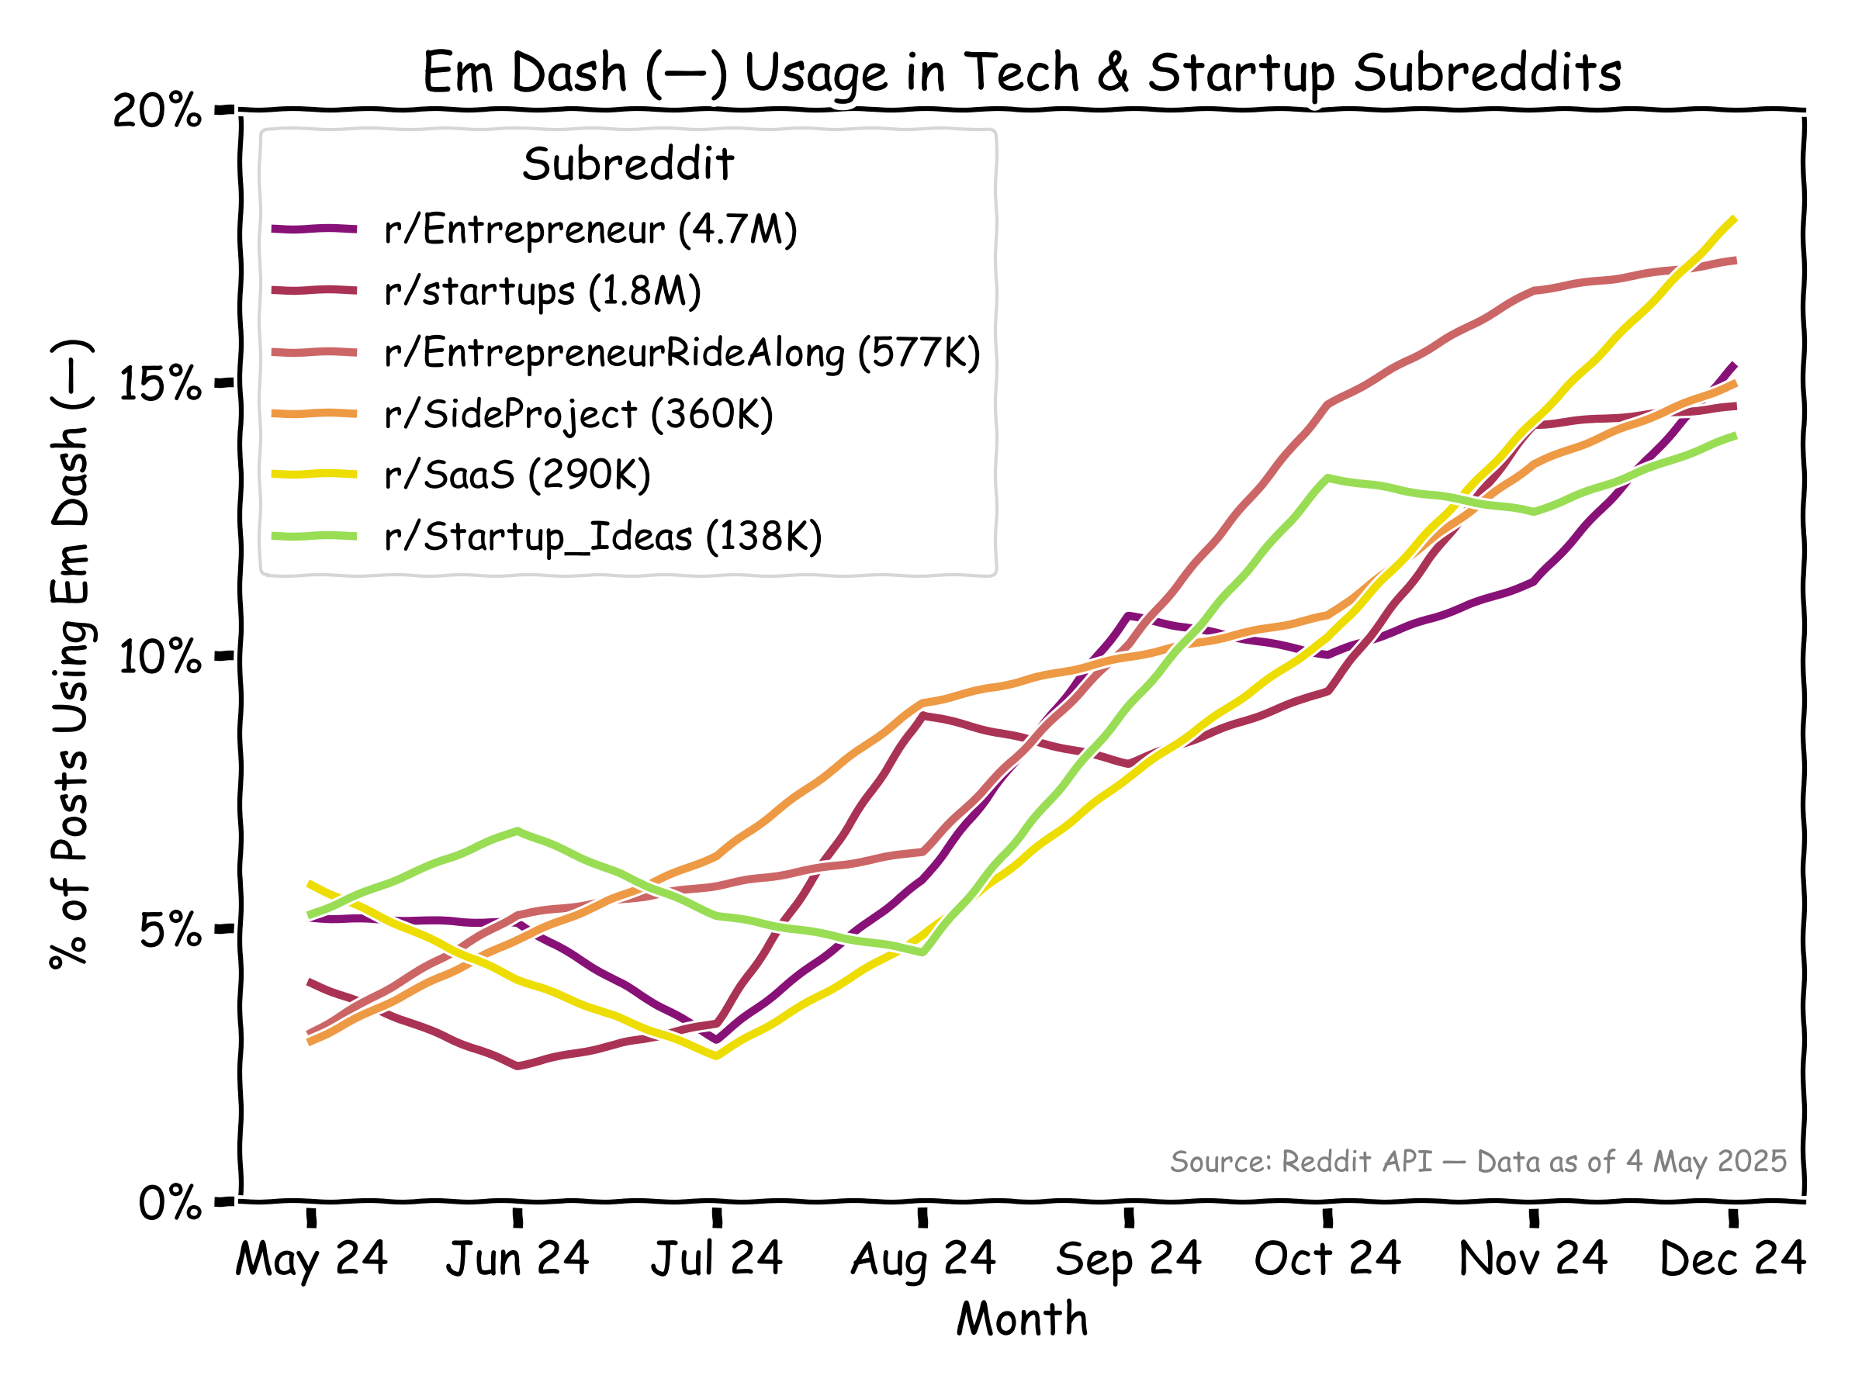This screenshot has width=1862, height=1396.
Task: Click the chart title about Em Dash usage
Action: point(1021,72)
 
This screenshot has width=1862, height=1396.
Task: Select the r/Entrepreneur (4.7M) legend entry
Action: point(589,229)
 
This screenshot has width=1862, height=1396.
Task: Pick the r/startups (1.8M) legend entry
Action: point(542,291)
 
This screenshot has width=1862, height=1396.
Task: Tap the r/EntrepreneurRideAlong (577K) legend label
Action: point(682,353)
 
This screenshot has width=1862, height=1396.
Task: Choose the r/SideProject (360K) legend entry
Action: point(578,414)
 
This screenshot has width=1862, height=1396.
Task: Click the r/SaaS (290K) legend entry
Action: point(517,475)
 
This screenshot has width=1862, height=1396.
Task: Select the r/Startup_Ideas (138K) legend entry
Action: point(603,536)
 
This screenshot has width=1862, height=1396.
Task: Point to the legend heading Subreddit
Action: point(628,164)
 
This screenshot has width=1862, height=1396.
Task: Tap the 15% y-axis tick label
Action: point(160,384)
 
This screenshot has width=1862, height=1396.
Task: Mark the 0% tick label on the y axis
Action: point(170,1204)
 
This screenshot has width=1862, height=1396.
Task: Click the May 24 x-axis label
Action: point(311,1260)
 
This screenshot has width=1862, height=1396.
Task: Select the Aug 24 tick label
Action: point(923,1260)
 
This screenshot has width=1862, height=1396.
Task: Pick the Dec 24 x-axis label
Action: point(1733,1260)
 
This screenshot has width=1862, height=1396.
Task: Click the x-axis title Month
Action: point(1022,1318)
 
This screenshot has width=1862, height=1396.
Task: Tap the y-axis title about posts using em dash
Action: point(71,655)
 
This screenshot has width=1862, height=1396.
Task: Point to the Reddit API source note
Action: point(1478,1162)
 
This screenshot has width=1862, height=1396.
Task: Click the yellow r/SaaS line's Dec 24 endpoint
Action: point(1734,219)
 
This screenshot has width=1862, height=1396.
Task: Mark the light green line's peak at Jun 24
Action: point(517,831)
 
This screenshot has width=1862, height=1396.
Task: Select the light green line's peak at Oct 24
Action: point(1327,478)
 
